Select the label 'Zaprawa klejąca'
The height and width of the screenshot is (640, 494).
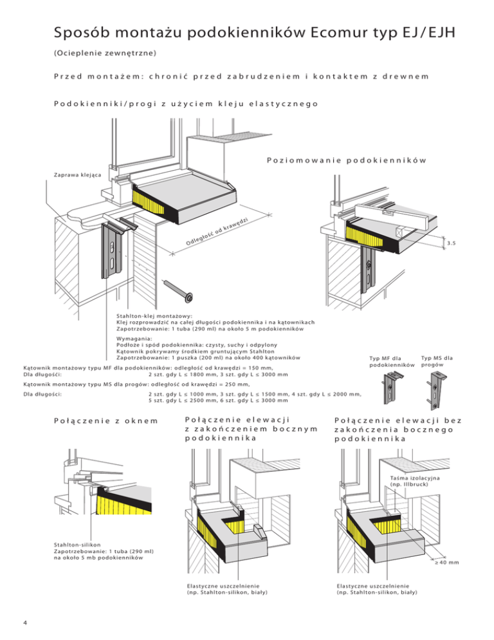click(73, 175)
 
